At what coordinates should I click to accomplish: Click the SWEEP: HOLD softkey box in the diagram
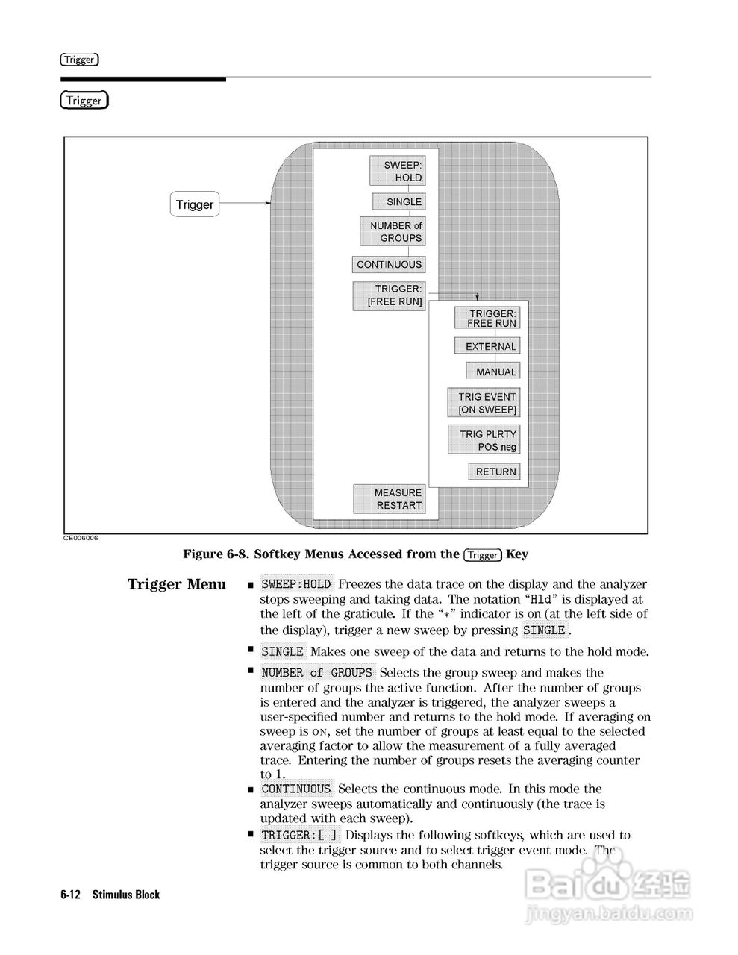coord(397,171)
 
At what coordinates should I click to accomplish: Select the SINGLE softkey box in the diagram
coord(398,201)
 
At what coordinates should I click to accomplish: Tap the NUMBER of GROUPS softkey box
coord(393,231)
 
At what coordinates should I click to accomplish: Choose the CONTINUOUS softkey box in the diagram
coord(389,264)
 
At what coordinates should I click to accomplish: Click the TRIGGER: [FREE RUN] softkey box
coord(389,295)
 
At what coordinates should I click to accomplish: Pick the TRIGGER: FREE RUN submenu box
coord(487,319)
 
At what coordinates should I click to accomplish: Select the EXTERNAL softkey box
coord(487,346)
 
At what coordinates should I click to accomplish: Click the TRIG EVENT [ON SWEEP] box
coord(484,403)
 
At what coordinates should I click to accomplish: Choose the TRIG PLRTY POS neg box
coord(484,440)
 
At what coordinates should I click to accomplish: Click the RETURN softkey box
coord(493,472)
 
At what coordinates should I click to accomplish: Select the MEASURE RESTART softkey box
coord(389,498)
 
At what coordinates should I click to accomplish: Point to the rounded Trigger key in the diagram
coord(194,204)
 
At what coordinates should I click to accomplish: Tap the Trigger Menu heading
coord(177,584)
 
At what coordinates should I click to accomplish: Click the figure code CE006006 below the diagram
coord(81,538)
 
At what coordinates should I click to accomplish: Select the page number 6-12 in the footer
coord(71,895)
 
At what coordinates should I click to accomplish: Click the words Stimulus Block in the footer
coord(126,895)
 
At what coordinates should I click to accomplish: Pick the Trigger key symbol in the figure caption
coord(482,554)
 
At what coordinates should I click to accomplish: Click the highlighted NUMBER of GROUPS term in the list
coord(316,673)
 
